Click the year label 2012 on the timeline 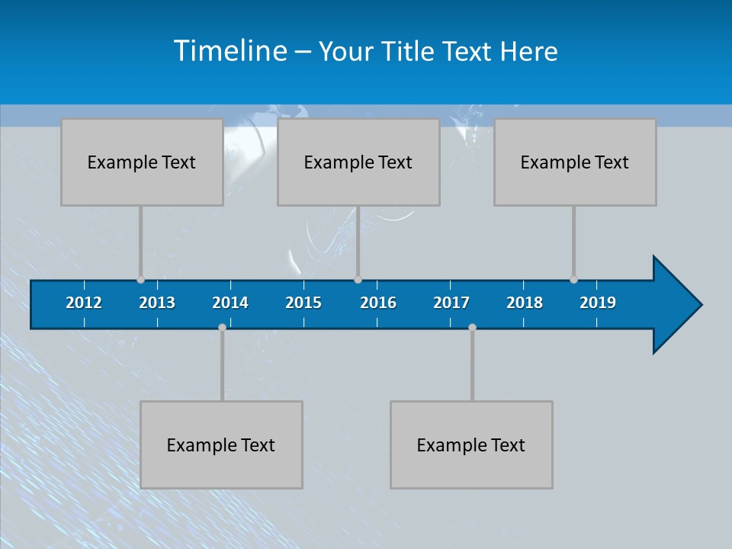pyautogui.click(x=84, y=303)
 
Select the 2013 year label pyautogui.click(x=157, y=303)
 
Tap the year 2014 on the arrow pyautogui.click(x=230, y=303)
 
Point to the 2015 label pyautogui.click(x=303, y=303)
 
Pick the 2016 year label pyautogui.click(x=378, y=303)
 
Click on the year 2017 pyautogui.click(x=451, y=303)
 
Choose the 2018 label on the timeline pyautogui.click(x=525, y=303)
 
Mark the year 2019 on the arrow pyautogui.click(x=598, y=303)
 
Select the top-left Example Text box pyautogui.click(x=142, y=162)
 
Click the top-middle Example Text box pyautogui.click(x=358, y=162)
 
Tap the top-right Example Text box pyautogui.click(x=575, y=162)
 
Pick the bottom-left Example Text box pyautogui.click(x=221, y=445)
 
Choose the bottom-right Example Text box pyautogui.click(x=471, y=445)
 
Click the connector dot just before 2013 pyautogui.click(x=140, y=280)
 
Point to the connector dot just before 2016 pyautogui.click(x=358, y=280)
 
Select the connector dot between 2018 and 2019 pyautogui.click(x=573, y=280)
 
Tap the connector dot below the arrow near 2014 pyautogui.click(x=222, y=327)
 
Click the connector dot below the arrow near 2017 pyautogui.click(x=472, y=327)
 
